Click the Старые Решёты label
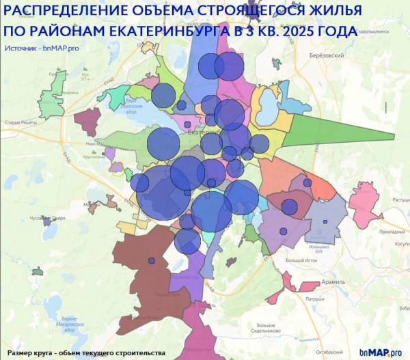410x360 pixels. [20, 122]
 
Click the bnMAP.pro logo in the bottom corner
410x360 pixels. [382, 352]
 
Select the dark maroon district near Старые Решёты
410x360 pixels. [87, 122]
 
